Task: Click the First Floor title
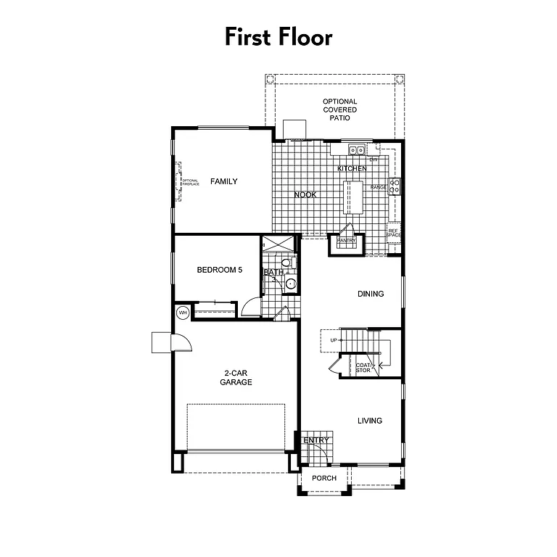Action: click(x=278, y=36)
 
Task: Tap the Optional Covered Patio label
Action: click(x=340, y=110)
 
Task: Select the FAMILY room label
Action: click(x=224, y=181)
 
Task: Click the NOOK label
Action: click(x=305, y=194)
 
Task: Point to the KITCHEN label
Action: click(x=352, y=169)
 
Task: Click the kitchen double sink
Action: click(x=356, y=151)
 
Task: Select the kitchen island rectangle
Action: click(x=353, y=197)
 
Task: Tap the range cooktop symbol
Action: click(x=395, y=186)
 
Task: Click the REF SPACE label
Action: click(x=394, y=233)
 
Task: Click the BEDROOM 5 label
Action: click(x=219, y=270)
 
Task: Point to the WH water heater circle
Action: click(x=183, y=313)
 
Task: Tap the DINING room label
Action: click(x=371, y=294)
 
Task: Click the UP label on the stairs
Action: click(x=334, y=340)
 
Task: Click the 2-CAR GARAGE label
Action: click(x=237, y=378)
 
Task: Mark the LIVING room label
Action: click(x=370, y=421)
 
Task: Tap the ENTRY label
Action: click(x=316, y=440)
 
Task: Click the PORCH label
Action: click(x=323, y=478)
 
